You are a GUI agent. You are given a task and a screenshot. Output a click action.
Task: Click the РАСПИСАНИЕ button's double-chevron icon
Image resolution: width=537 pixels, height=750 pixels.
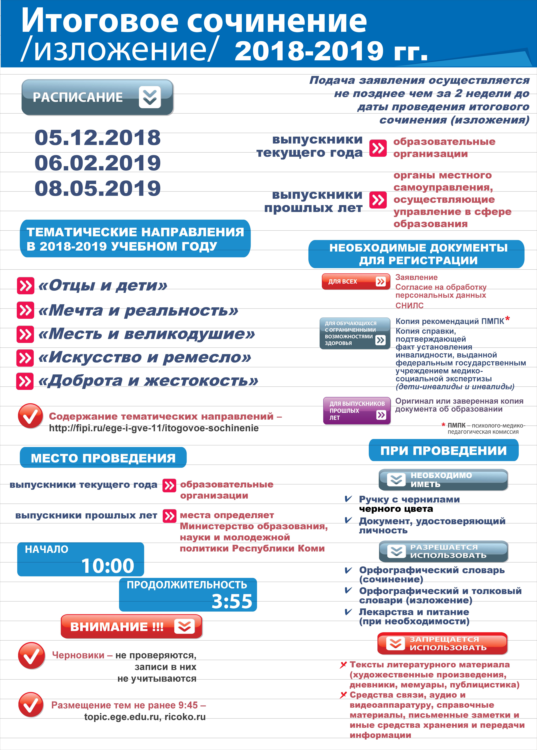(150, 97)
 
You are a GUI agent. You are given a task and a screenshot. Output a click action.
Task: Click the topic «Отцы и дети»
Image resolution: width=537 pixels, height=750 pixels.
(103, 285)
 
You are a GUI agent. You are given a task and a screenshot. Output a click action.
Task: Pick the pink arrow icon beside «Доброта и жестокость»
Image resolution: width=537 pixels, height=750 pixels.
(25, 381)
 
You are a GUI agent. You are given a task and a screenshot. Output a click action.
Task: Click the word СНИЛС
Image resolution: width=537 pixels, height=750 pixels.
(409, 306)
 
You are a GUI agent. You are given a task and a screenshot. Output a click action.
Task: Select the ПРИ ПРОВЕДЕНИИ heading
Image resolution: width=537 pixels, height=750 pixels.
(443, 450)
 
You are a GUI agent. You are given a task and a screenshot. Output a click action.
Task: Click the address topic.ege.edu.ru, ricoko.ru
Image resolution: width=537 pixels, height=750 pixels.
(145, 717)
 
